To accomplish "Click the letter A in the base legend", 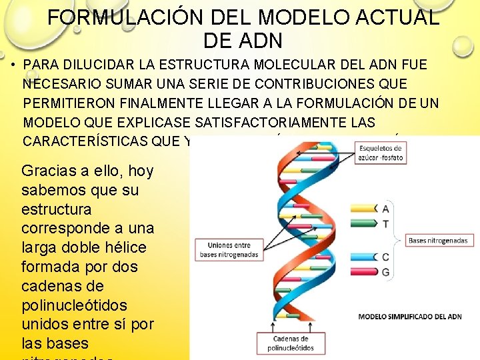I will point(385,208).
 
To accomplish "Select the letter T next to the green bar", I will point(385,225).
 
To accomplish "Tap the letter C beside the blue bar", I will point(385,257).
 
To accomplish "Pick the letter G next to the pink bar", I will point(385,272).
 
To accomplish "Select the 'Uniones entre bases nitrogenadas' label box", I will point(228,249).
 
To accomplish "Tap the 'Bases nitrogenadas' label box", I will point(438,240).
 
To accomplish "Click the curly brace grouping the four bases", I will point(399,240).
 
